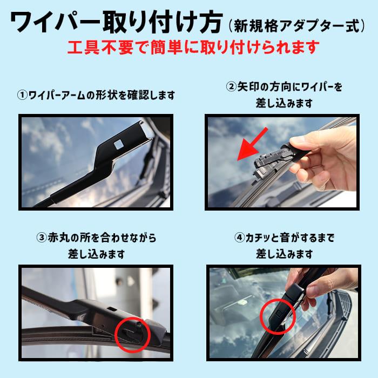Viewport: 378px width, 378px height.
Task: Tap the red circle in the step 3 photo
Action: click(x=132, y=333)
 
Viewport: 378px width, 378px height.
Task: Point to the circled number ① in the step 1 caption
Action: click(x=22, y=96)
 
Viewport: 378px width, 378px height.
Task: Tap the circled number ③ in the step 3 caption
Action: click(x=41, y=238)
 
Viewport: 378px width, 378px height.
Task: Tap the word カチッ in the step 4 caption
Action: click(x=258, y=238)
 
